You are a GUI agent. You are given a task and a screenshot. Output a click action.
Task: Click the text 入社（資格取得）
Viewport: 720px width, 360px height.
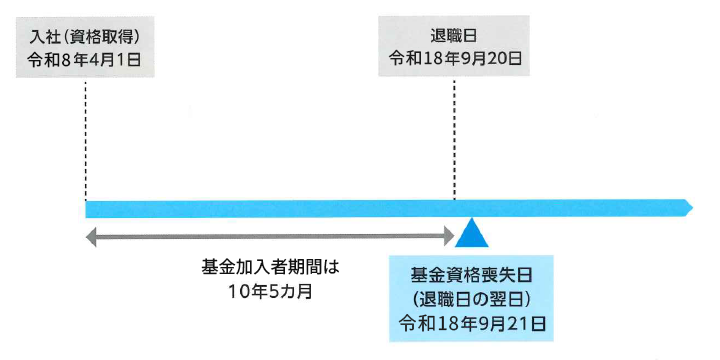[x=85, y=36]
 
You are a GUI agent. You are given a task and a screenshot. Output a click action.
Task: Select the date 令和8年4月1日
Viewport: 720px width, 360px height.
[x=85, y=58]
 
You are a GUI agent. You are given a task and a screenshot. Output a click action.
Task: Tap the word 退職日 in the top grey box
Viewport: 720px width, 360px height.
[x=456, y=36]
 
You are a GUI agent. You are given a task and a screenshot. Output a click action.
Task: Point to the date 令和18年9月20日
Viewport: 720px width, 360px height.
[x=456, y=58]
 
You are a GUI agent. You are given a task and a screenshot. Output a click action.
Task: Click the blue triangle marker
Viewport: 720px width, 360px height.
[x=471, y=236]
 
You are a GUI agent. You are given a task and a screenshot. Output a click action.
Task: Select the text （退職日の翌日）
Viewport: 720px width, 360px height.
[x=470, y=298]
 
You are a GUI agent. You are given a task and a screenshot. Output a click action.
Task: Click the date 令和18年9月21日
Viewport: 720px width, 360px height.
[x=470, y=322]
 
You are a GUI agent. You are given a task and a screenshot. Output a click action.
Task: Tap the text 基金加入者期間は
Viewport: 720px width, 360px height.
[x=271, y=270]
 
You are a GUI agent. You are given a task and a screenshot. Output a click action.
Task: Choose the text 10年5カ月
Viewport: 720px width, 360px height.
[x=271, y=294]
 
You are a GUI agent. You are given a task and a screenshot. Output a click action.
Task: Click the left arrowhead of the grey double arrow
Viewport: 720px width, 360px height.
[x=91, y=237]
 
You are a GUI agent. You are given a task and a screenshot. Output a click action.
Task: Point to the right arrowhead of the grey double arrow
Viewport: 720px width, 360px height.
[x=448, y=237]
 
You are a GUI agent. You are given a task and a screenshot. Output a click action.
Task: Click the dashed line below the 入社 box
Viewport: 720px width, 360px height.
[x=85, y=140]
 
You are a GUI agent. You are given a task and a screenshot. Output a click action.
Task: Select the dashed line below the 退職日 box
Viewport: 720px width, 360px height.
[x=455, y=140]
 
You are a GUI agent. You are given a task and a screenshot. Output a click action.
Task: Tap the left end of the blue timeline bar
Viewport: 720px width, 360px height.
[x=89, y=208]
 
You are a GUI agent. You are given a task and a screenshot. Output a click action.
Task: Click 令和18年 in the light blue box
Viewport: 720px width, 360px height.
[x=430, y=322]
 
